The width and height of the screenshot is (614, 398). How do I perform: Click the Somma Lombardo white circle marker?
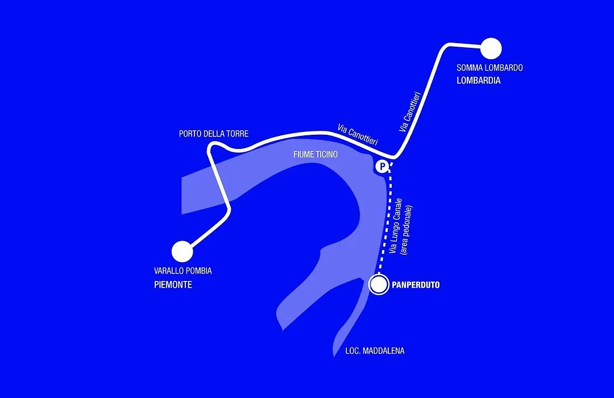[x=491, y=49]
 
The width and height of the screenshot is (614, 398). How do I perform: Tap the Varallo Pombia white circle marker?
[x=182, y=251]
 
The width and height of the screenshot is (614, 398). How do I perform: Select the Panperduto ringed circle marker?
[x=379, y=284]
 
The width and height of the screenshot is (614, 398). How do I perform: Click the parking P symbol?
[x=381, y=167]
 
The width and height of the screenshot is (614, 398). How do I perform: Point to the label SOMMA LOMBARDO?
[x=489, y=68]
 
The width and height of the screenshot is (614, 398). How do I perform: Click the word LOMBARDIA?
[x=479, y=81]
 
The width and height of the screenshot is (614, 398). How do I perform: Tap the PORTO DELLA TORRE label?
[x=214, y=134]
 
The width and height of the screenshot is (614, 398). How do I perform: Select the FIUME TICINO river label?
[x=316, y=154]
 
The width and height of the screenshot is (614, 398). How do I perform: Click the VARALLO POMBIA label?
[x=183, y=271]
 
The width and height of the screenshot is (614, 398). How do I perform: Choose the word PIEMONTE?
[x=173, y=285]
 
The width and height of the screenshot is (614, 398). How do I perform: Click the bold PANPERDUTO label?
[x=416, y=285]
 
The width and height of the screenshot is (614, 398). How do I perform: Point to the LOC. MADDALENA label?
[x=375, y=351]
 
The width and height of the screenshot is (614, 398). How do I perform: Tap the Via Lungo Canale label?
[x=396, y=226]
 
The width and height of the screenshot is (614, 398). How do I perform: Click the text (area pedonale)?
[x=406, y=230]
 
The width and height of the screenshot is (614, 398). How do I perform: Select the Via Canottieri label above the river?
[x=358, y=135]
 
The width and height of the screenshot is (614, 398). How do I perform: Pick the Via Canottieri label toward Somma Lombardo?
[x=409, y=112]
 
